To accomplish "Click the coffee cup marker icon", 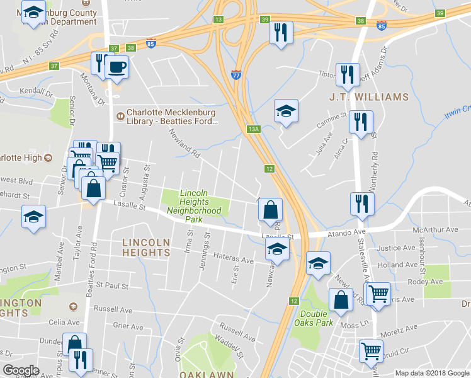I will [117, 66].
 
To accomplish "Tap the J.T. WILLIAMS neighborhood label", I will [369, 98].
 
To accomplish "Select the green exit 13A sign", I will [254, 129].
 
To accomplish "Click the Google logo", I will [21, 370].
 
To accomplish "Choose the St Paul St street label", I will [112, 286].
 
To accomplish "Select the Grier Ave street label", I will [128, 326].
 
